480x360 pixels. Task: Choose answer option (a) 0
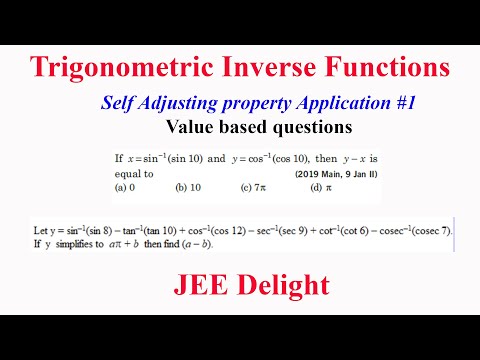coord(125,186)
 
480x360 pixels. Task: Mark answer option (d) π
coord(318,186)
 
